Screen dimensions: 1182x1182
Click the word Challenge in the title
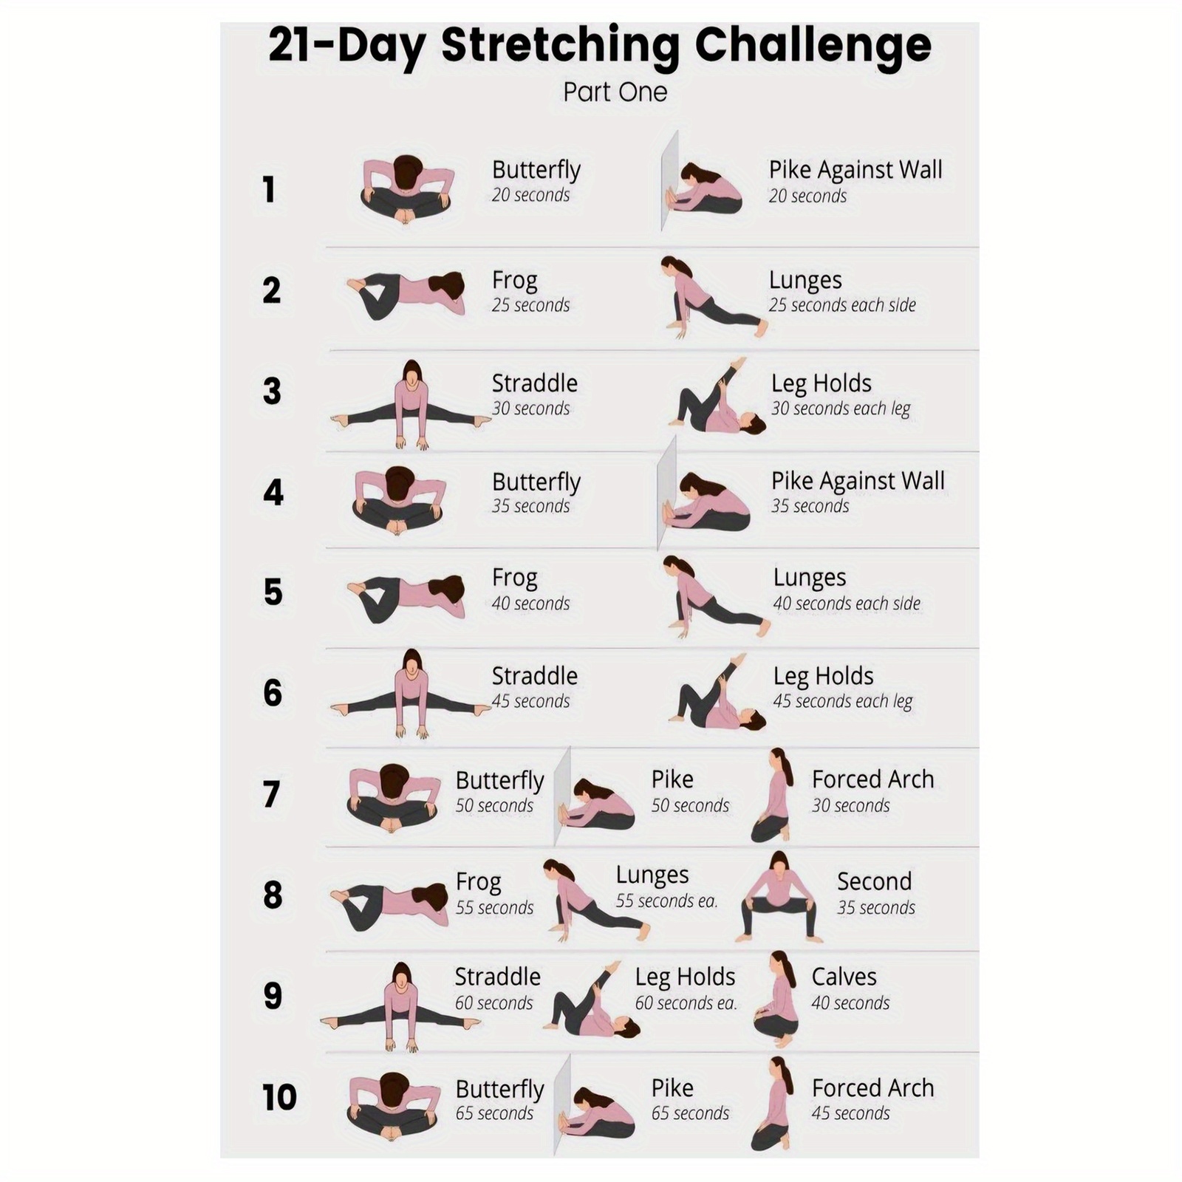pyautogui.click(x=813, y=47)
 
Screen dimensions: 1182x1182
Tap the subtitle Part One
pyautogui.click(x=615, y=92)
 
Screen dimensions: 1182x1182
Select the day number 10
pyautogui.click(x=279, y=1097)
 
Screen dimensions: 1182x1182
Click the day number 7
pyautogui.click(x=272, y=794)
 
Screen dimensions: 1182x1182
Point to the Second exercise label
pyautogui.click(x=874, y=881)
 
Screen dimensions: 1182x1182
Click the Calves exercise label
pyautogui.click(x=844, y=977)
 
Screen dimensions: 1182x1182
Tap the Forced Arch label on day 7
pyautogui.click(x=872, y=779)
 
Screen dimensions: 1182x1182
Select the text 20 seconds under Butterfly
pyautogui.click(x=530, y=195)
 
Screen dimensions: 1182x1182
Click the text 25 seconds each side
pyautogui.click(x=842, y=305)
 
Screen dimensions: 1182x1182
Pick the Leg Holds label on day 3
pyautogui.click(x=821, y=383)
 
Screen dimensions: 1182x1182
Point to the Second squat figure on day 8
pyautogui.click(x=779, y=897)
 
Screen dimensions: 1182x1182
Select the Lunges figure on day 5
pyautogui.click(x=715, y=597)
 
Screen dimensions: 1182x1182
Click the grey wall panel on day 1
pyautogui.click(x=669, y=181)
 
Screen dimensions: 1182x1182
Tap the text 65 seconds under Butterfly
pyautogui.click(x=494, y=1113)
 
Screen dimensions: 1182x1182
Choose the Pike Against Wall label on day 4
pyautogui.click(x=858, y=481)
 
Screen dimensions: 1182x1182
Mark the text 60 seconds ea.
pyautogui.click(x=686, y=1003)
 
